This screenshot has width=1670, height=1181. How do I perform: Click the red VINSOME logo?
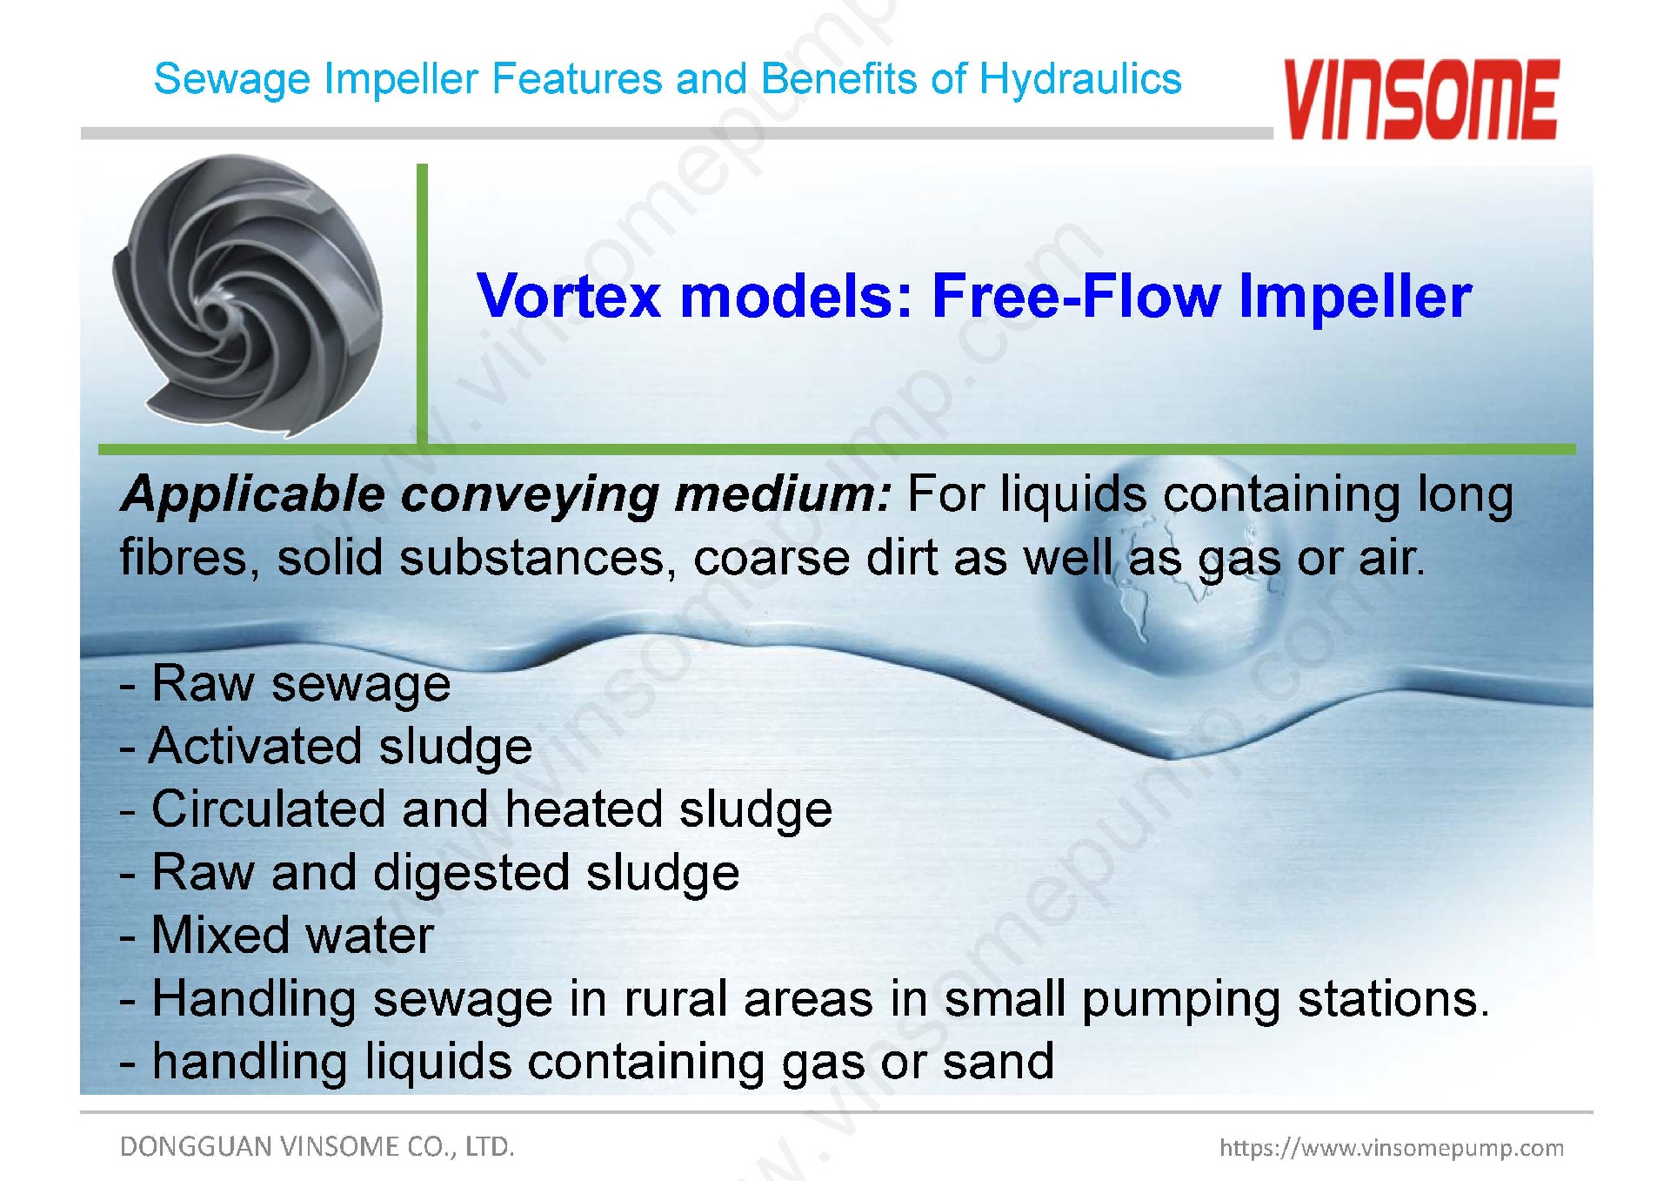[x=1420, y=99]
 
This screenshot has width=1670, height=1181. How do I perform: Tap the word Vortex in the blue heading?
[x=569, y=296]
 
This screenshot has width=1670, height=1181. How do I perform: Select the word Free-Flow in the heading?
[x=1077, y=296]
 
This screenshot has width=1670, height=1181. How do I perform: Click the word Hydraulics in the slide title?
[x=1080, y=79]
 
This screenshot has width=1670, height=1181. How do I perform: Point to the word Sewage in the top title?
[x=231, y=80]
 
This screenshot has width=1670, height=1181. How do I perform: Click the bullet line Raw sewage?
[x=285, y=684]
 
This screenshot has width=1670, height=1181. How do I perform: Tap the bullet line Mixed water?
[x=277, y=935]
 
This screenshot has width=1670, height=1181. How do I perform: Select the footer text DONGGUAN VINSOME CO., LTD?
[x=317, y=1146]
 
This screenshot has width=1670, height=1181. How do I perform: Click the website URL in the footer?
[x=1392, y=1148]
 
